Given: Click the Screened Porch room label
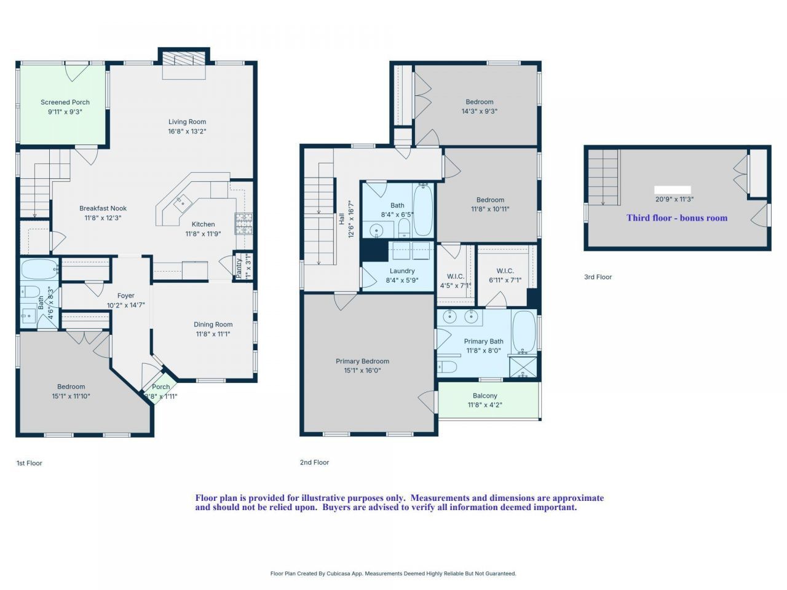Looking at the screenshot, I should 65,103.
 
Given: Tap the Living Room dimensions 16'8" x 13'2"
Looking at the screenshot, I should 187,131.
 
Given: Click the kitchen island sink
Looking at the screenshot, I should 183,200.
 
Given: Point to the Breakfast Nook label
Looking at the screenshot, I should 103,208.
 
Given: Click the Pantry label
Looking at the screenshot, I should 239,266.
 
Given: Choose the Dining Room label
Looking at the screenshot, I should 213,324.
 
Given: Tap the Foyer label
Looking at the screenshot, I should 125,296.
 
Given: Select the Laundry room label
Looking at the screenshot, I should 402,271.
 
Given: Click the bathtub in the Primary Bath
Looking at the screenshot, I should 524,331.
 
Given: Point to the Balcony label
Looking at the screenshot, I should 484,396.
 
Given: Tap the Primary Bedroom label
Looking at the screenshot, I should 362,361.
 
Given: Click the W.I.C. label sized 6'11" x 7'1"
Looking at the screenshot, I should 505,271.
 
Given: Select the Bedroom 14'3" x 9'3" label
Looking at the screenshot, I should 479,102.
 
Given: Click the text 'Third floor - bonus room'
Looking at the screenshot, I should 676,218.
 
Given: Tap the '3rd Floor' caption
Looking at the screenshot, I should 598,277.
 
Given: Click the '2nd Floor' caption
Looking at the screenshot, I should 314,462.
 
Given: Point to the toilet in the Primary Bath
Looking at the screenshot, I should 448,367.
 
